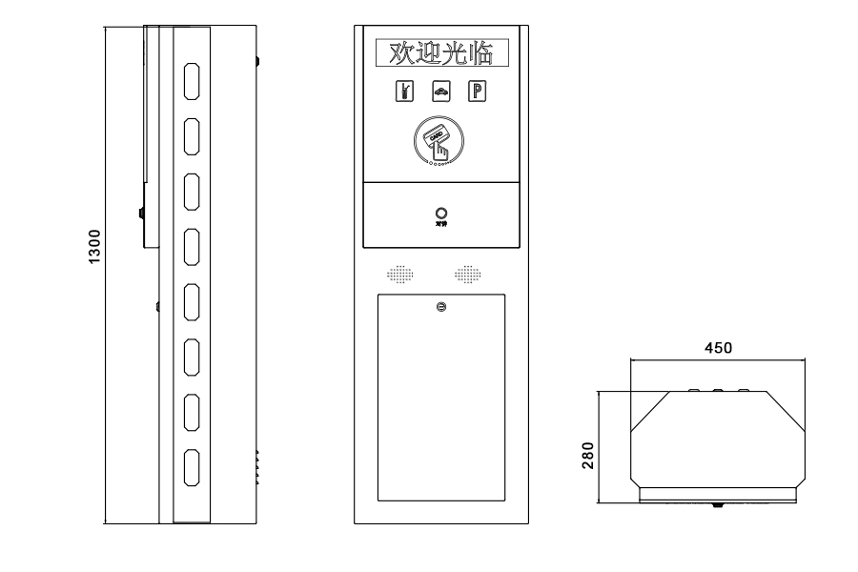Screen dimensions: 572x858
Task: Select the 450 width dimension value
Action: tap(718, 348)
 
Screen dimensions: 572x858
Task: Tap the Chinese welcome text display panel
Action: tap(440, 53)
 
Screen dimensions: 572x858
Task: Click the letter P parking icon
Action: tap(477, 92)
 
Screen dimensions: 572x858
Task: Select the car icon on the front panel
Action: tap(441, 92)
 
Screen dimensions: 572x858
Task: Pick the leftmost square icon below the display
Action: tap(405, 92)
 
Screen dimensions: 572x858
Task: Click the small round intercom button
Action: tap(440, 213)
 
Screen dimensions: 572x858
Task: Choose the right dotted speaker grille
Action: tap(467, 275)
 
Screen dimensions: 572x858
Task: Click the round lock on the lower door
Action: tap(440, 306)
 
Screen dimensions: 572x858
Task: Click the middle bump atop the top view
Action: tap(718, 389)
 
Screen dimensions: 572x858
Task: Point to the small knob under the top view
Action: tap(717, 504)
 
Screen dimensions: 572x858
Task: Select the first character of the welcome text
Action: tap(392, 53)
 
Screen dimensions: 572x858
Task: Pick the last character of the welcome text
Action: tap(483, 53)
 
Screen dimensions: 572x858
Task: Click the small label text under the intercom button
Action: tap(440, 225)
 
